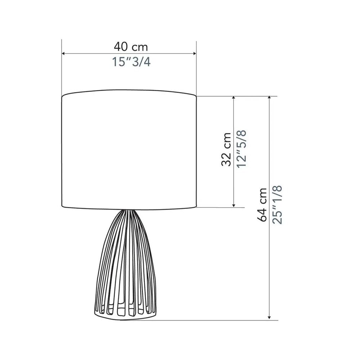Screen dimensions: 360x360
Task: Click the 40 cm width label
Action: [x=131, y=47]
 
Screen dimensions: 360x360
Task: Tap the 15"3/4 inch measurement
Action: [x=131, y=62]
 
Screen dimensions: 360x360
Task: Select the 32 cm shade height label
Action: [x=226, y=149]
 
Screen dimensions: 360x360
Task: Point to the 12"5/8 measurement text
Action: [x=242, y=149]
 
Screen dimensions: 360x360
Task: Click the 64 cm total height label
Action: [x=262, y=205]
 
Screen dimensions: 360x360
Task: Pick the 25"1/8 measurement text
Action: [x=277, y=205]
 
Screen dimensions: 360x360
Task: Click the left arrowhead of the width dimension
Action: [x=64, y=54]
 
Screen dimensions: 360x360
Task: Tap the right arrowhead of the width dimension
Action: [x=194, y=54]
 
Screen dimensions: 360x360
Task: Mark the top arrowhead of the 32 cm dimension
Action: [x=234, y=98]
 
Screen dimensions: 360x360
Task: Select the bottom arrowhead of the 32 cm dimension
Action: [x=234, y=205]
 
